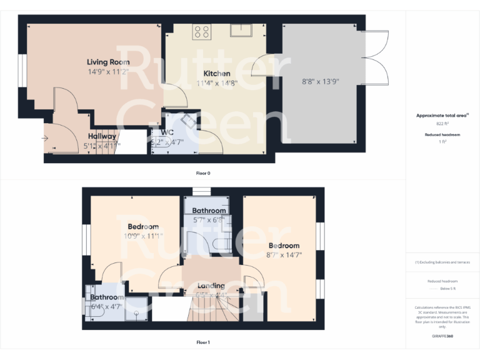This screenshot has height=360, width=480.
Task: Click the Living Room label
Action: click(x=108, y=62)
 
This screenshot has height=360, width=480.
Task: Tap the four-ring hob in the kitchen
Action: click(x=201, y=31)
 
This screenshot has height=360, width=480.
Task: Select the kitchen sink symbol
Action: click(x=241, y=30)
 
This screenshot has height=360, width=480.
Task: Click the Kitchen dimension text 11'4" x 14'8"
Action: click(x=217, y=82)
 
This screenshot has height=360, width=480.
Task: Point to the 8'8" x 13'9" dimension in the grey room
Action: click(x=320, y=81)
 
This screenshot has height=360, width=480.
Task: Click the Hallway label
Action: click(x=101, y=136)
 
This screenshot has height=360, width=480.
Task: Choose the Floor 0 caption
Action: click(x=203, y=173)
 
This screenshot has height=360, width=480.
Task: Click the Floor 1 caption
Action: click(x=203, y=342)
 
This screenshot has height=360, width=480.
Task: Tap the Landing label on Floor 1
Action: click(x=211, y=286)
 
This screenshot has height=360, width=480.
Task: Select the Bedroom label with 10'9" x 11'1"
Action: click(x=143, y=226)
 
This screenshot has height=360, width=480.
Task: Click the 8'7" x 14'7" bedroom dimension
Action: click(x=284, y=254)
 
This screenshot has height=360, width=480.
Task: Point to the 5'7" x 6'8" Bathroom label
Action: click(x=209, y=211)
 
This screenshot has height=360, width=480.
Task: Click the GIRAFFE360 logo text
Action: click(x=442, y=337)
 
